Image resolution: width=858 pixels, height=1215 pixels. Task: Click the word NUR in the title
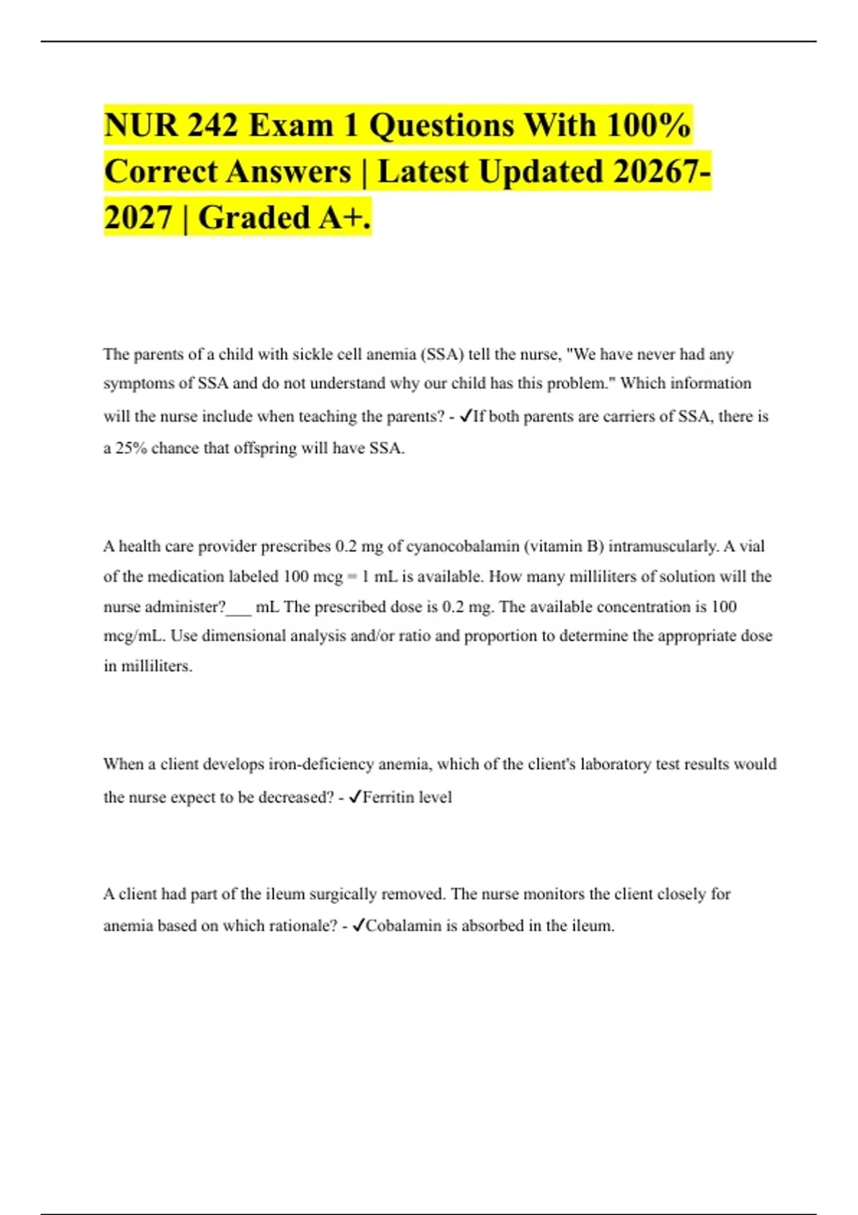tap(139, 125)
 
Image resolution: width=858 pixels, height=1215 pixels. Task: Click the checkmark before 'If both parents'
tap(465, 416)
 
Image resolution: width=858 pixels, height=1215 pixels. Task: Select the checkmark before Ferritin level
tap(354, 797)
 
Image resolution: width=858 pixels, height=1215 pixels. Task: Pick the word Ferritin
tap(387, 797)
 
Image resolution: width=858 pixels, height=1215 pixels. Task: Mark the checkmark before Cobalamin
tap(357, 926)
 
